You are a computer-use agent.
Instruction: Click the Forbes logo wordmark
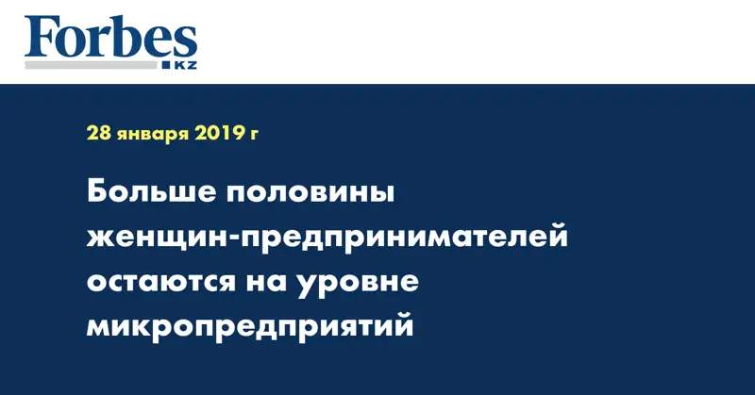(x=111, y=39)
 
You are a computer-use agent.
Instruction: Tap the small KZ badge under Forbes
(x=180, y=64)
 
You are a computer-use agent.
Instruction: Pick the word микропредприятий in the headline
(x=250, y=326)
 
